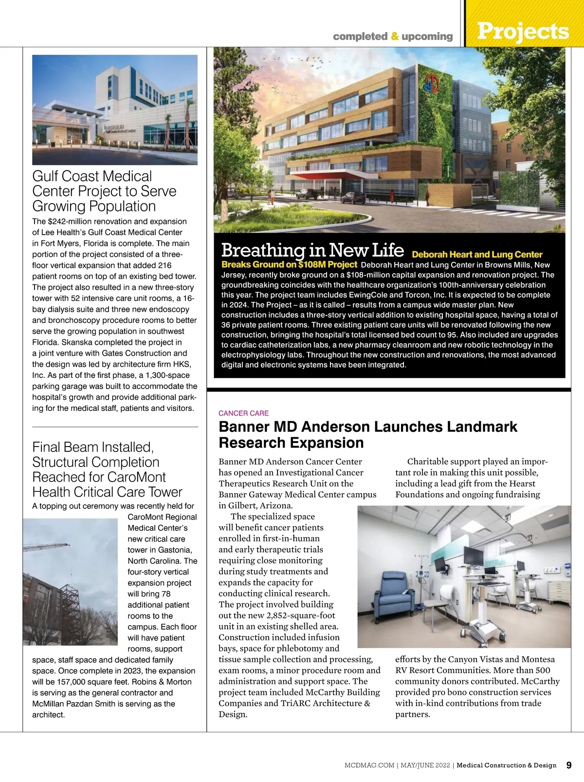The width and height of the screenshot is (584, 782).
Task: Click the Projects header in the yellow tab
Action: [523, 31]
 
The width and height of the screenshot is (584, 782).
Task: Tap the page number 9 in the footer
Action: [569, 765]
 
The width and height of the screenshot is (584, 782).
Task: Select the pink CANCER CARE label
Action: [243, 413]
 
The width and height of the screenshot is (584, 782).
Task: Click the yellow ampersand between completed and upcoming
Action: [395, 36]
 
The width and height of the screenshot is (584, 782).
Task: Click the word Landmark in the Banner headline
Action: [482, 427]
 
